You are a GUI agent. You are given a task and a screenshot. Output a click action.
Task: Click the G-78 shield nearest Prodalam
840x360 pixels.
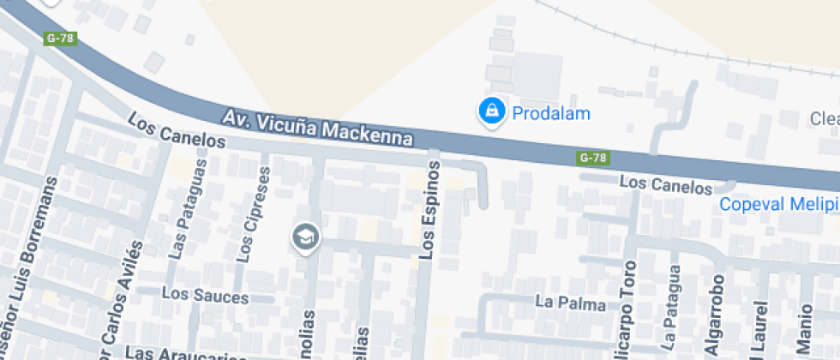[x=593, y=158]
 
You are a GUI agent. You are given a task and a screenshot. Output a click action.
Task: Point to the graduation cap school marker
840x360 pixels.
[x=304, y=237]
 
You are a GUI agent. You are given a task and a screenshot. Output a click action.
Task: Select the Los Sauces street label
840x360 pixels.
[x=205, y=297]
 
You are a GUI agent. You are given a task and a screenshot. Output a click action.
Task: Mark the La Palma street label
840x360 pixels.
[x=570, y=303]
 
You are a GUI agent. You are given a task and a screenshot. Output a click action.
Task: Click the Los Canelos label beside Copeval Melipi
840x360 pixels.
[x=666, y=183]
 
